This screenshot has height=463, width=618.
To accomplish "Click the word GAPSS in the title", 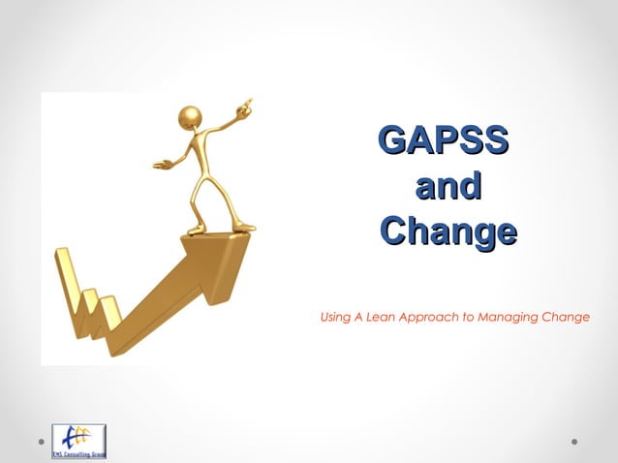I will pyautogui.click(x=444, y=140).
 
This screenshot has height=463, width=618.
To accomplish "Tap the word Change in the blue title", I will pyautogui.click(x=448, y=231).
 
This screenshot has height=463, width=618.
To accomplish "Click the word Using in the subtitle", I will pyautogui.click(x=335, y=317).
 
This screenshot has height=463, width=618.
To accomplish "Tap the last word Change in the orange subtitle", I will pyautogui.click(x=569, y=317).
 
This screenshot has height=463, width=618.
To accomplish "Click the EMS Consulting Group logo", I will pyautogui.click(x=78, y=441).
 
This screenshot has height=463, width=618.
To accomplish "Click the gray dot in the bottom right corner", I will pyautogui.click(x=574, y=442).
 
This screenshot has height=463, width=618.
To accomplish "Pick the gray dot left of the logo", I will pyautogui.click(x=41, y=442).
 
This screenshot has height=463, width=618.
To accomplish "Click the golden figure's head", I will pyautogui.click(x=191, y=118).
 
